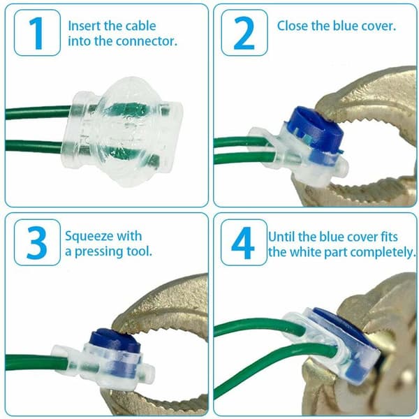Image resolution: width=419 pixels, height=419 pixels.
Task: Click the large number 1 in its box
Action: (x=36, y=34)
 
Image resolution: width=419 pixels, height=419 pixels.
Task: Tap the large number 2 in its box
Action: (x=244, y=34)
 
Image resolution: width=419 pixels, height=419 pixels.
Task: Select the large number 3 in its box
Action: (x=37, y=242)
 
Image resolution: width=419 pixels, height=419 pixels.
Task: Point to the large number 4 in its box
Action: (x=243, y=243)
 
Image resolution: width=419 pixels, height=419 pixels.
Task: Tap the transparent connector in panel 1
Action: (x=122, y=131)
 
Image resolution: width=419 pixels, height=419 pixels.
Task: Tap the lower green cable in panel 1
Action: (x=34, y=146)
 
